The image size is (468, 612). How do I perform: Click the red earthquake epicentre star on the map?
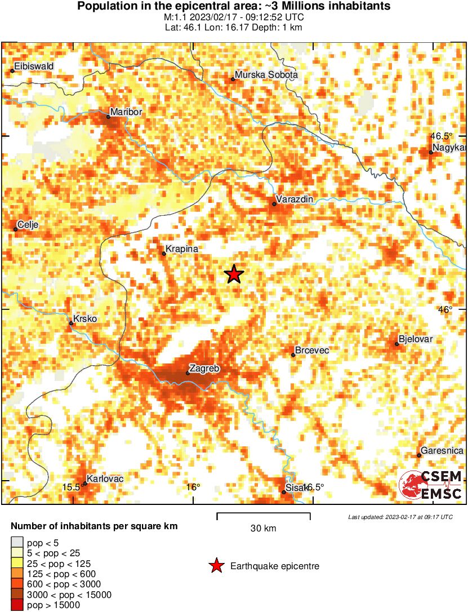click(234, 274)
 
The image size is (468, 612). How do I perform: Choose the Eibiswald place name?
click(34, 66)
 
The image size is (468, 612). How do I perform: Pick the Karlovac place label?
click(105, 479)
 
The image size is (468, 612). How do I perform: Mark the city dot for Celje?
click(15, 229)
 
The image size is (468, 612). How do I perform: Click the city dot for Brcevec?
click(293, 354)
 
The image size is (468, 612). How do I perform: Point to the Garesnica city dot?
click(418, 455)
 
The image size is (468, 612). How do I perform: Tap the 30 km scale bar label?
click(263, 529)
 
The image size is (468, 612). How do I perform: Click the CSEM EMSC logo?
click(431, 485)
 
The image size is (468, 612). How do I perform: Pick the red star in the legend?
click(216, 566)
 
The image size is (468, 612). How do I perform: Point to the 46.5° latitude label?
click(442, 136)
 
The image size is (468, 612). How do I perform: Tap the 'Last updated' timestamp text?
click(400, 517)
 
